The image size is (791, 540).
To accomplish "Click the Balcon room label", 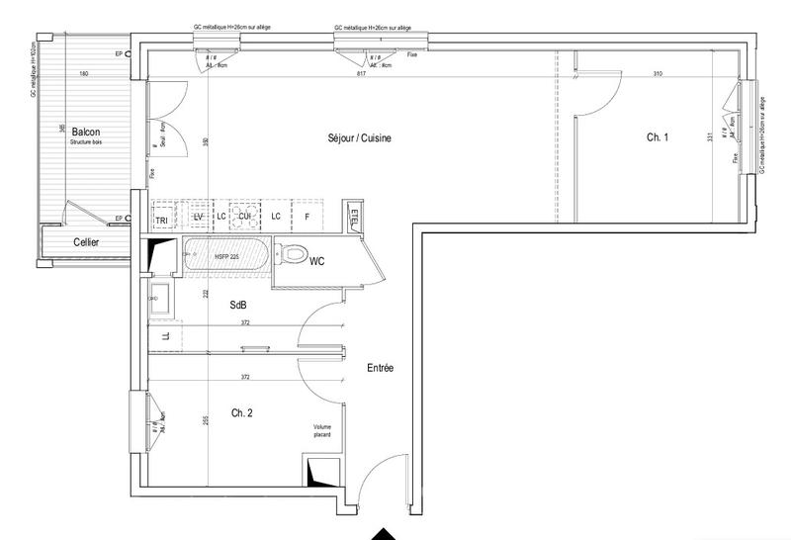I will coord(84,131).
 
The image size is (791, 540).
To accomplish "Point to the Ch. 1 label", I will coord(658,138).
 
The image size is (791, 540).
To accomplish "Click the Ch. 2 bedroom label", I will coord(243,412).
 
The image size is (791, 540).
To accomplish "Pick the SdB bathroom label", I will coord(239,306).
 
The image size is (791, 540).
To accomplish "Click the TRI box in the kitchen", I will coord(162,217).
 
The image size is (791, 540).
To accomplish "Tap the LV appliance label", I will coord(198,217).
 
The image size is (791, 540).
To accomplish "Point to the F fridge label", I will coord(308,217).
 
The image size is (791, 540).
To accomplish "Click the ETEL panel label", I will coord(355,216).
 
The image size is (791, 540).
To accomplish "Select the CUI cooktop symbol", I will coord(243,217).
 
